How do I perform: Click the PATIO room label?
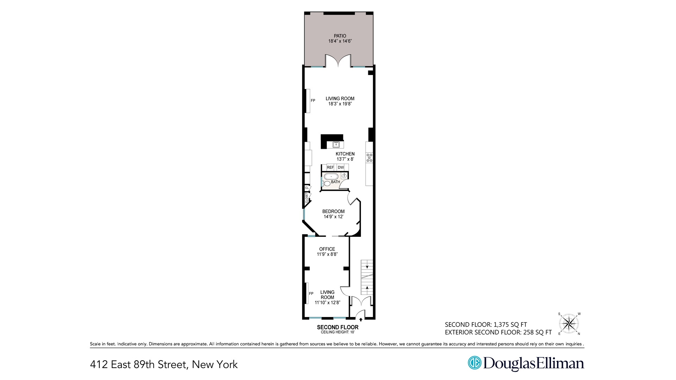340,36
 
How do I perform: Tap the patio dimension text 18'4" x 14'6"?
340,41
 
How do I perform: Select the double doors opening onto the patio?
338,61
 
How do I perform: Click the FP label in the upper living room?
313,101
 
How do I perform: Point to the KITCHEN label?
345,154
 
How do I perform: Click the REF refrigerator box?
330,167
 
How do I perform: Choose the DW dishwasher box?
341,167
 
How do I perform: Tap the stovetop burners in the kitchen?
369,158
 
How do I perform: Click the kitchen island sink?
336,144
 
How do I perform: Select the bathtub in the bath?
331,176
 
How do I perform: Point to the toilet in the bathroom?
326,183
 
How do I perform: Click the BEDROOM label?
333,211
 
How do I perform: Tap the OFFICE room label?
327,249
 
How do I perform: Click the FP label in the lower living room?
311,293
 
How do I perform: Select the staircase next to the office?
367,277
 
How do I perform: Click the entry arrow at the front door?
361,319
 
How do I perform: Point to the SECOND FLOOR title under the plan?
338,327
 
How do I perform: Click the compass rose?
569,323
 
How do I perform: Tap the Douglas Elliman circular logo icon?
474,363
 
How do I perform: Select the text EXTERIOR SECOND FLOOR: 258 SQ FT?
498,332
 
